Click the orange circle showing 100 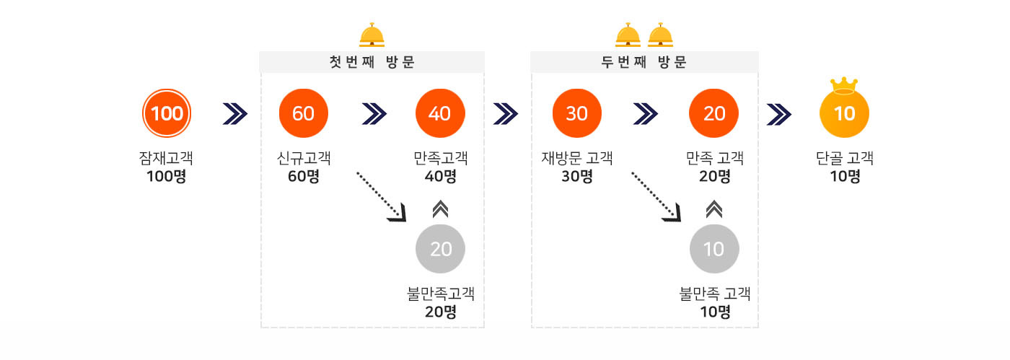tap(168, 114)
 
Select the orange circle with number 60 tap(304, 114)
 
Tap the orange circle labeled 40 tap(440, 114)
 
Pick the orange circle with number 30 tap(576, 114)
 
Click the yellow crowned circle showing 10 tap(844, 114)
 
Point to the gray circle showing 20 tap(440, 249)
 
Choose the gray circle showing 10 tap(713, 249)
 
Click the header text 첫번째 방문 tap(372, 62)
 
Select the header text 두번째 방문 tap(644, 62)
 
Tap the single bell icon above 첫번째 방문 tap(372, 35)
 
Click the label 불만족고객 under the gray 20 tap(440, 294)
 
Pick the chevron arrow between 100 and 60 tap(235, 114)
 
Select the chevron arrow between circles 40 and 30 tap(506, 114)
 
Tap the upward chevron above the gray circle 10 tap(713, 209)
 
